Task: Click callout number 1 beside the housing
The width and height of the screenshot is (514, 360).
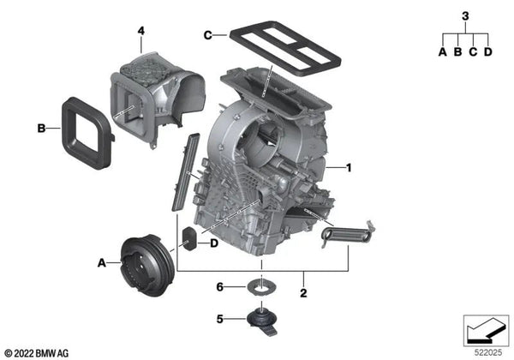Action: tap(349, 168)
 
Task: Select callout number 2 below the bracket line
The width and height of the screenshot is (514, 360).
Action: tap(303, 293)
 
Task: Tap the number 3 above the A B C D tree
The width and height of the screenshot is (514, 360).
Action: tap(465, 16)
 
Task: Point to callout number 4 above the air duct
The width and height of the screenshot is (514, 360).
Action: tap(141, 31)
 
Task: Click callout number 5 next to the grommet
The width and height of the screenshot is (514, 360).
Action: tap(220, 319)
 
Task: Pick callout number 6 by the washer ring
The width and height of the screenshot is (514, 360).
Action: tap(220, 287)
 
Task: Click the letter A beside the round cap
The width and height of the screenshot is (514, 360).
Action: tap(102, 263)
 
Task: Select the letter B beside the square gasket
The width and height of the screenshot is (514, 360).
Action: tap(41, 129)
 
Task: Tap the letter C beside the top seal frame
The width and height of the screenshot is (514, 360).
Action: tap(208, 35)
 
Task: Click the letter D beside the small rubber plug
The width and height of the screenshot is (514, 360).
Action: tap(213, 243)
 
